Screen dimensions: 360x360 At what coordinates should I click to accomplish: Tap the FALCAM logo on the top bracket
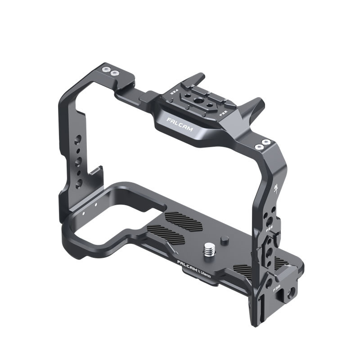coord(180,125)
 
